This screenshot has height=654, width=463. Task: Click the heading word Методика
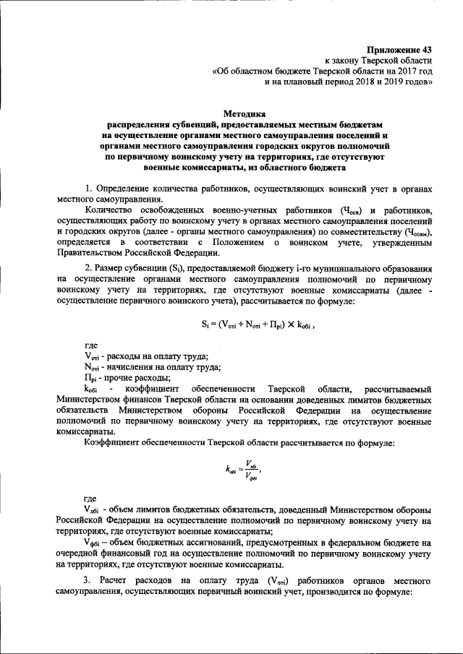pyautogui.click(x=245, y=113)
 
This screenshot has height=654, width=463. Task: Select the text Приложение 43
pyautogui.click(x=397, y=48)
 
